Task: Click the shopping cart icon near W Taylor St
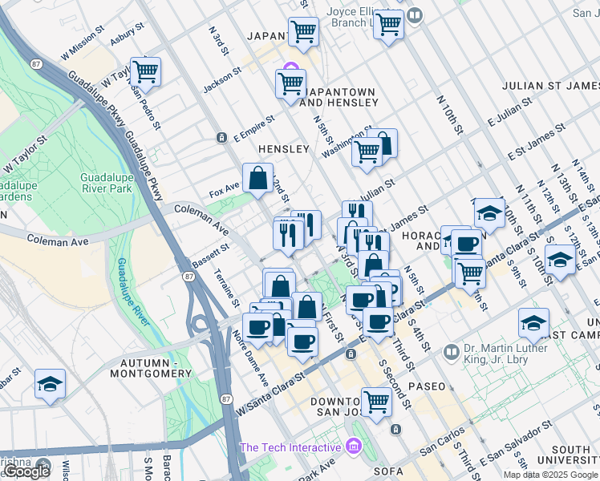[x=145, y=72]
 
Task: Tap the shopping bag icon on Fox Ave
[x=258, y=180]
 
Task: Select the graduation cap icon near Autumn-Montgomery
[x=50, y=385]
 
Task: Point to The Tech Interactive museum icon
[x=354, y=447]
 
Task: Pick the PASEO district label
[x=426, y=386]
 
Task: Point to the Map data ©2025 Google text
[x=550, y=475]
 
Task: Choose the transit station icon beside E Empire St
[x=221, y=138]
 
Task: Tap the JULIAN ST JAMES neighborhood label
[x=550, y=85]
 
